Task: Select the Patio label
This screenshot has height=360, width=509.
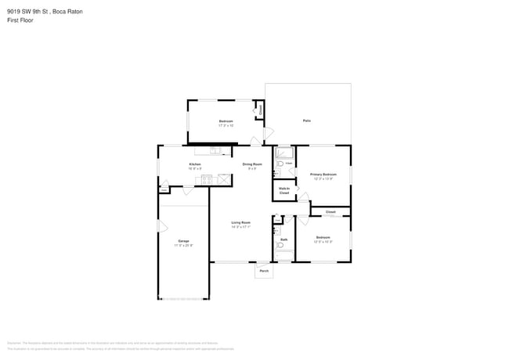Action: pos(307,121)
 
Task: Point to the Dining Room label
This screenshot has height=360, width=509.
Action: pos(251,164)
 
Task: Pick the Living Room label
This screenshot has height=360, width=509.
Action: pos(240,222)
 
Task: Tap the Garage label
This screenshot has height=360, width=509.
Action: pos(183,240)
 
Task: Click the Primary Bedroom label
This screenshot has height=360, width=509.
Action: pos(323,174)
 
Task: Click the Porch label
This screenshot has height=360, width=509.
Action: pos(264,271)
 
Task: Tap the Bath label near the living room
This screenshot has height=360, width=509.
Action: pos(283,239)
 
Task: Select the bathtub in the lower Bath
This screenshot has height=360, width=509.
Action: pos(284,254)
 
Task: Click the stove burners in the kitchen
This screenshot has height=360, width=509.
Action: pos(207,179)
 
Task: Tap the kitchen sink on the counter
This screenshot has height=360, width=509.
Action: pos(214,151)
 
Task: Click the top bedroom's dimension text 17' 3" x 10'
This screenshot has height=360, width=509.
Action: pos(226,125)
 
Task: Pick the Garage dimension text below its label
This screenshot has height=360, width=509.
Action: pos(183,245)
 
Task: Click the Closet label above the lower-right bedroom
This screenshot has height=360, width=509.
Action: pos(330,212)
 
